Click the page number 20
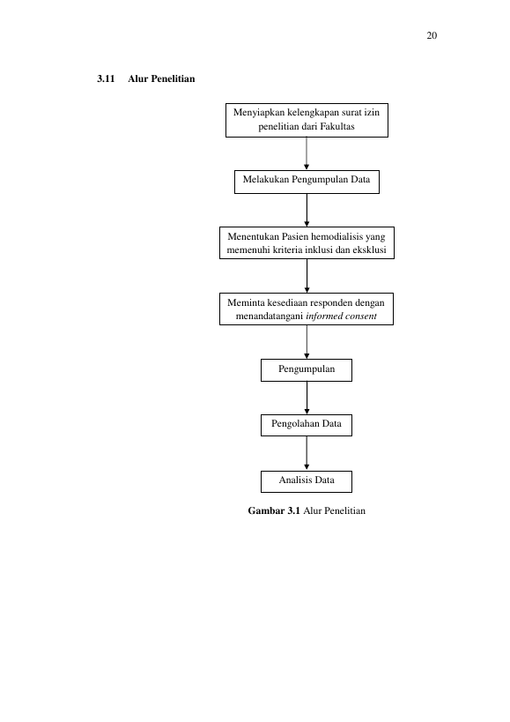(432, 35)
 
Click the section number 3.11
(106, 78)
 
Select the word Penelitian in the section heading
(173, 78)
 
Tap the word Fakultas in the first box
(337, 127)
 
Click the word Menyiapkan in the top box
(259, 113)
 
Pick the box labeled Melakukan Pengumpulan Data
(307, 182)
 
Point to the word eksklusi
(369, 250)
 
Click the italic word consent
(361, 316)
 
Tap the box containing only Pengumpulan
(307, 370)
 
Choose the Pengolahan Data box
(307, 425)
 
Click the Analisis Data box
(307, 481)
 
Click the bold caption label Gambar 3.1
(274, 510)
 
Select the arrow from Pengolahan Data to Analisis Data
(307, 453)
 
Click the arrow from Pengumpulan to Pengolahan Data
(307, 398)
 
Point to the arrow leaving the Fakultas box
(307, 153)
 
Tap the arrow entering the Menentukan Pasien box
(307, 210)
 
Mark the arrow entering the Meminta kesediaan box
(307, 276)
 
